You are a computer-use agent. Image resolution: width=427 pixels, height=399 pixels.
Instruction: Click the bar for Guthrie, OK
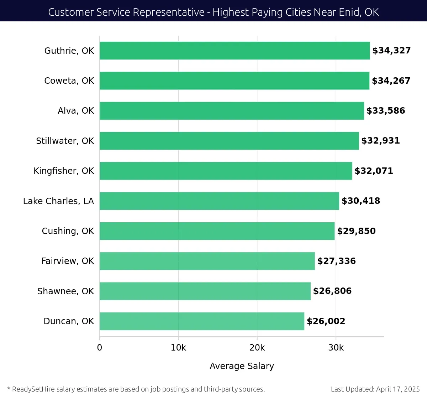pos(235,51)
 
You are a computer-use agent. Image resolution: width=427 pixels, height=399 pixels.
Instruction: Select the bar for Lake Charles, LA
pos(219,201)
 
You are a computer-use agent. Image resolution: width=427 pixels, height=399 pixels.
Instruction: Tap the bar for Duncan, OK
pos(202,321)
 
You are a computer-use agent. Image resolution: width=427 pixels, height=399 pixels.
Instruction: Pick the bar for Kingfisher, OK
pos(226,171)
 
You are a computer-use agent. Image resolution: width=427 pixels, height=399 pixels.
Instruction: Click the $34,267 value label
pos(391,81)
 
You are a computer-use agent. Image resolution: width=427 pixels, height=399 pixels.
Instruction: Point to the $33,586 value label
pos(386,111)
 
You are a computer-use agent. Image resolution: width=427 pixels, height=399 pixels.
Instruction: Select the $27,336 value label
pos(336,261)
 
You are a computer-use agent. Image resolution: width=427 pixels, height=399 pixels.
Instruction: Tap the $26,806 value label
pos(332,291)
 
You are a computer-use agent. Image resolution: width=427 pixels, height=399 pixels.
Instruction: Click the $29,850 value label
pos(356,231)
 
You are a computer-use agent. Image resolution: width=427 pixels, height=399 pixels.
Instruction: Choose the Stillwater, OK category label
pos(65,141)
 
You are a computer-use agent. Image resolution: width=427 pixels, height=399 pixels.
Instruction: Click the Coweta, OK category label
pos(69,81)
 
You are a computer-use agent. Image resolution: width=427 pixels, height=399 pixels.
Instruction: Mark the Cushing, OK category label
pos(68,231)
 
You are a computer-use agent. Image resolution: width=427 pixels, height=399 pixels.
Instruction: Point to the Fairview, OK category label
pos(68,261)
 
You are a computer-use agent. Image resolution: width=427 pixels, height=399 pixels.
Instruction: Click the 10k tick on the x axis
pos(178,348)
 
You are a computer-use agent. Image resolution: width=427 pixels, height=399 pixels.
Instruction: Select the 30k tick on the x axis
pos(336,348)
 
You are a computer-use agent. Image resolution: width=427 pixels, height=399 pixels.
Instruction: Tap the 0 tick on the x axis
pos(100,348)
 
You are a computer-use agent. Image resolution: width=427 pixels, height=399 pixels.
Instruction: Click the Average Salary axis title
pos(242,366)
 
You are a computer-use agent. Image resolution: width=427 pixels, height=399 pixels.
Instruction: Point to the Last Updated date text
pos(375,389)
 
